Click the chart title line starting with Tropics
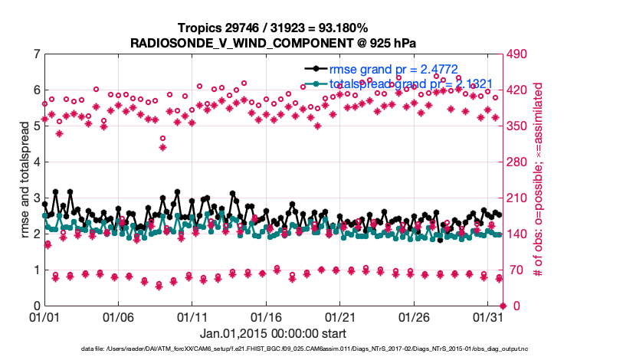pos(272,28)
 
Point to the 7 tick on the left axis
pos(36,54)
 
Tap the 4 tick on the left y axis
pos(36,162)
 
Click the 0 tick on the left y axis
pos(36,306)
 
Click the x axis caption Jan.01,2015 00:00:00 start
pos(272,334)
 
